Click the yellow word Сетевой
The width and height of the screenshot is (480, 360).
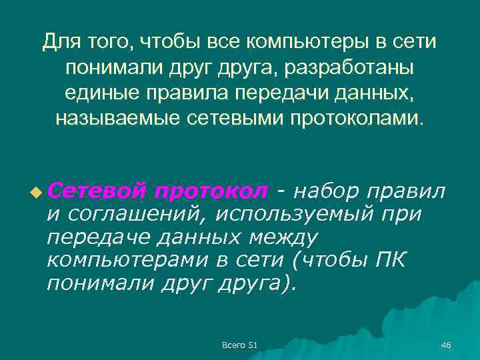click(97, 191)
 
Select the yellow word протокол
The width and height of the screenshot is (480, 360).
click(209, 191)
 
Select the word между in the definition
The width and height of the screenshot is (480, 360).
click(279, 238)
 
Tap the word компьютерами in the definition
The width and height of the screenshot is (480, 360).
click(124, 261)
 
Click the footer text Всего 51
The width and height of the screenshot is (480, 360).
click(239, 344)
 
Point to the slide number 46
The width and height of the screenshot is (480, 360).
click(446, 344)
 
